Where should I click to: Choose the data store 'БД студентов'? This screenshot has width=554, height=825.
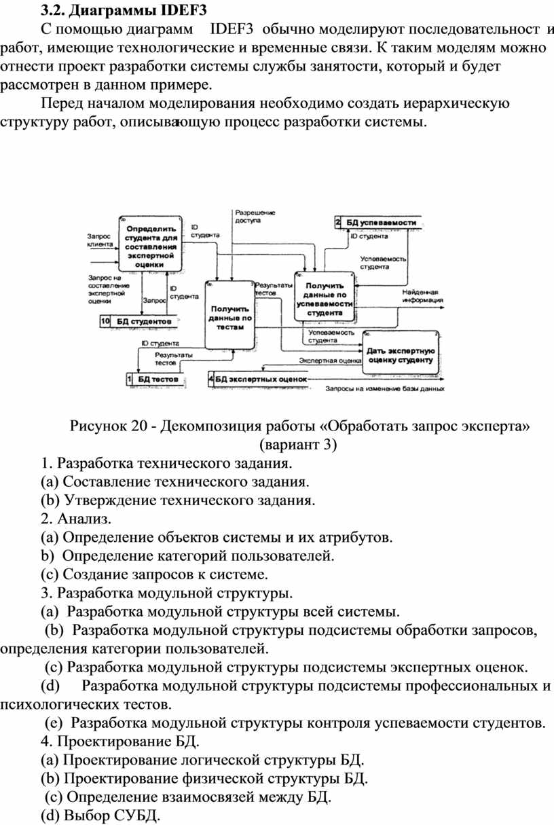(143, 320)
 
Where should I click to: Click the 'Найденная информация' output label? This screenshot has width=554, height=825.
(422, 295)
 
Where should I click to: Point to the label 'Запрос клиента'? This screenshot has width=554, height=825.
(101, 240)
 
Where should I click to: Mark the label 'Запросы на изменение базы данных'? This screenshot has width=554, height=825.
(385, 390)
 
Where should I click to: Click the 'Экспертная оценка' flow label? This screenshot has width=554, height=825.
(330, 361)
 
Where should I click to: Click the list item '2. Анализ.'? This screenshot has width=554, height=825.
(75, 519)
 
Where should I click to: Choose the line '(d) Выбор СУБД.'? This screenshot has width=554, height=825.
(101, 815)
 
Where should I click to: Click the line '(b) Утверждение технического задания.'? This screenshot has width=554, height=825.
(179, 501)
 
